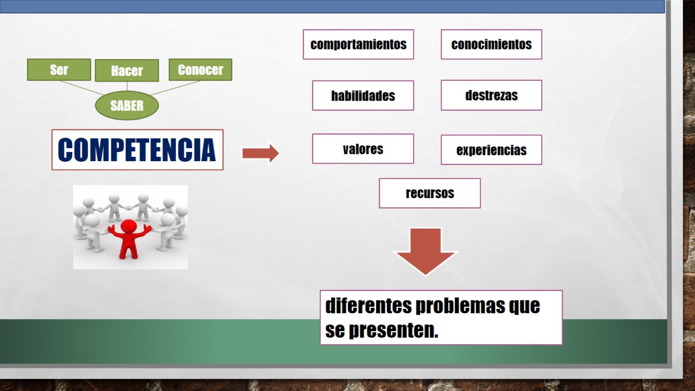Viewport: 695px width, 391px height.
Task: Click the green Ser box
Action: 59,70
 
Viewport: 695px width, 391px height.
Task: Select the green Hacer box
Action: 127,70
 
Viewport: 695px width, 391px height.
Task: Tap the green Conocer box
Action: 200,70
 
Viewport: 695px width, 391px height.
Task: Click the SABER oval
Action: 127,105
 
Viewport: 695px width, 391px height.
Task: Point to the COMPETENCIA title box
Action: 137,149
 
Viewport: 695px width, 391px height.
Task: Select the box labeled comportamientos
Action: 358,44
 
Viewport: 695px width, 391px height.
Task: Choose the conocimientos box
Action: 491,44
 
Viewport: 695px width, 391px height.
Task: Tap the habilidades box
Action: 363,96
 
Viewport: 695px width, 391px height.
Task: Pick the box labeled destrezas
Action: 491,95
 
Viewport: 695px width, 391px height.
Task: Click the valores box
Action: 363,149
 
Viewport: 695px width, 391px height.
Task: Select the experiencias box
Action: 491,150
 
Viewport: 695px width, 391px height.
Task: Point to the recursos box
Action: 430,193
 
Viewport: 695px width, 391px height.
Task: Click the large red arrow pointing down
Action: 425,251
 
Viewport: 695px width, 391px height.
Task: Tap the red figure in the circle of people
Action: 129,237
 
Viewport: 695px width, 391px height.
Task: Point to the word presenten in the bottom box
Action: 394,331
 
